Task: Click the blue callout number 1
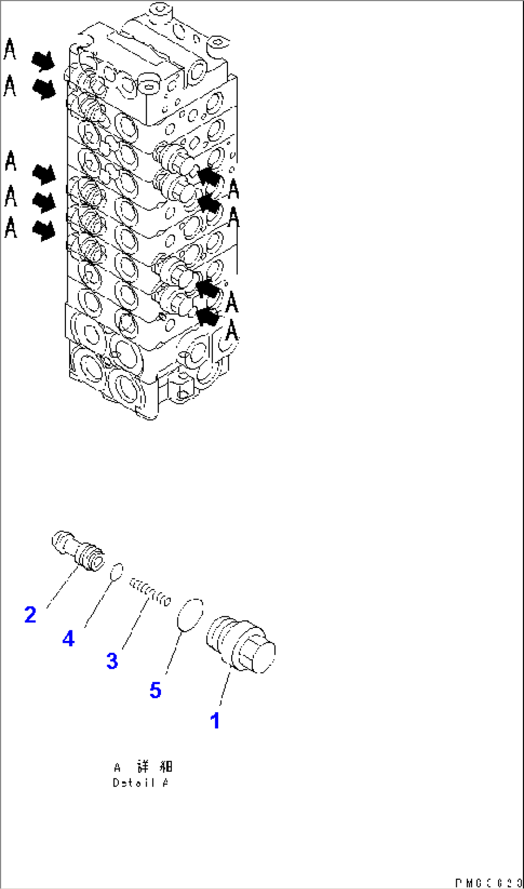click(x=215, y=720)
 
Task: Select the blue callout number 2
click(x=30, y=615)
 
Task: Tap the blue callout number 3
click(x=112, y=661)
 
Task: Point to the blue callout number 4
click(x=69, y=639)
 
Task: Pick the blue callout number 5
click(x=155, y=690)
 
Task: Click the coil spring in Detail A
click(x=150, y=593)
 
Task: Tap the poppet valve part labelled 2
click(x=78, y=551)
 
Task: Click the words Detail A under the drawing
click(x=140, y=783)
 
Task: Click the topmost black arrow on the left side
click(x=43, y=62)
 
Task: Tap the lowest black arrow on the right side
click(x=208, y=316)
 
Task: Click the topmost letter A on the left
click(x=10, y=50)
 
